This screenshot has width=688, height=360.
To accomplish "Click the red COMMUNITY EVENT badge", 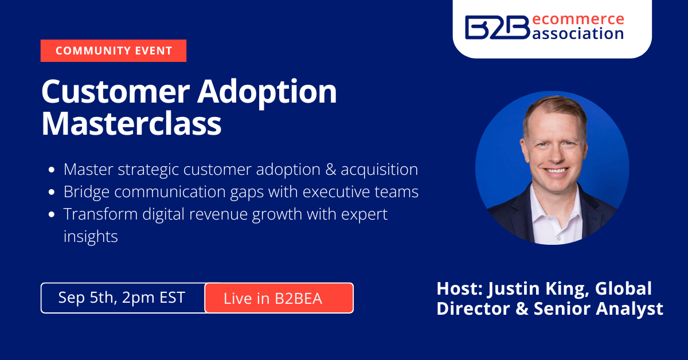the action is tap(114, 50).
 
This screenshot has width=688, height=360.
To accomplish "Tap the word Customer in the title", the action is tap(116, 92).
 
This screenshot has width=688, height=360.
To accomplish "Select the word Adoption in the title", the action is tap(267, 93).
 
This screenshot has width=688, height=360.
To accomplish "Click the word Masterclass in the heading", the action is tap(131, 123).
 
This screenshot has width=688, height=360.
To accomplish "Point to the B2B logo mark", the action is tap(498, 28).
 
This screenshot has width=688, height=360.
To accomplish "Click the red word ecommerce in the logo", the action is tap(578, 19).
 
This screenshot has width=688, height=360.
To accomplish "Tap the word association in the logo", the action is tap(578, 33).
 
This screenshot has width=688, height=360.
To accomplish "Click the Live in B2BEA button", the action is tap(279, 298).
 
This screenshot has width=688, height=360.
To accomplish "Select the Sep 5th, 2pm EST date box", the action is tap(123, 298).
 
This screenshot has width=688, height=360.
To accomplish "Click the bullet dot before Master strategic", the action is tap(52, 170).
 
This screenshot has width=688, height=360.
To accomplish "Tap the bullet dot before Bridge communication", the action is tap(52, 192).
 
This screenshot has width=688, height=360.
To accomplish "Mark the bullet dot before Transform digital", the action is tap(52, 214).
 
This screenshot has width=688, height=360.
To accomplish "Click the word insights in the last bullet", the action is tap(91, 237).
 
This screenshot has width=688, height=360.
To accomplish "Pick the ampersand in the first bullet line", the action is tap(330, 170).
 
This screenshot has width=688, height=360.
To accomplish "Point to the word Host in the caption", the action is tap(458, 288).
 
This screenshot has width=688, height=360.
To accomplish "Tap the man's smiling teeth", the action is tap(556, 170).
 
